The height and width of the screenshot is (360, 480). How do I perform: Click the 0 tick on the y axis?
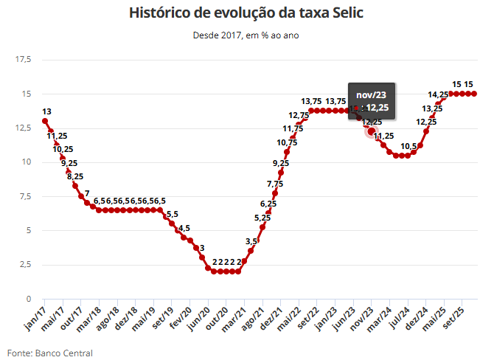pyautogui.click(x=27, y=299)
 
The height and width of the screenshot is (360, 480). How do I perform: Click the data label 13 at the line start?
pyautogui.click(x=46, y=111)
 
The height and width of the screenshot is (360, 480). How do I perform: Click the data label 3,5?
pyautogui.click(x=251, y=241)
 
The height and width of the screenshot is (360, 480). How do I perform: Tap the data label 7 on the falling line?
pyautogui.click(x=87, y=194)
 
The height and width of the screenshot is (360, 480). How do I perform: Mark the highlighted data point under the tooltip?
pyautogui.click(x=371, y=131)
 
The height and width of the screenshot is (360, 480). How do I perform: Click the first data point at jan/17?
pyautogui.click(x=45, y=121)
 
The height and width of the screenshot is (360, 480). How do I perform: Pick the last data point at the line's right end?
pyautogui.click(x=474, y=94)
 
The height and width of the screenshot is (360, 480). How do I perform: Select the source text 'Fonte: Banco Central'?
pyautogui.click(x=50, y=353)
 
